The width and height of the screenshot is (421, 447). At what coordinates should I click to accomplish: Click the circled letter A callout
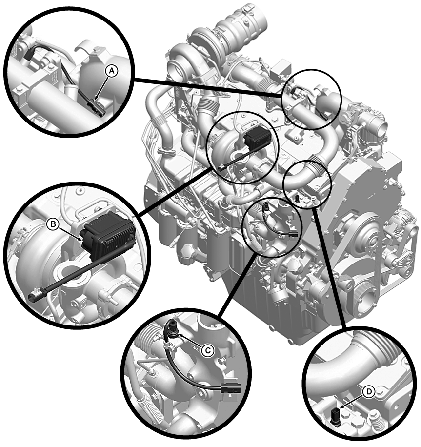(x=112, y=71)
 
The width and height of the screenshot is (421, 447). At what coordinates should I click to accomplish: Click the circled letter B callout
(x=53, y=224)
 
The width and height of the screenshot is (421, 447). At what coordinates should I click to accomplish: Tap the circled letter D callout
(x=369, y=392)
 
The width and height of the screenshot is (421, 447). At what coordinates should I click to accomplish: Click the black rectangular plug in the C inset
(x=231, y=388)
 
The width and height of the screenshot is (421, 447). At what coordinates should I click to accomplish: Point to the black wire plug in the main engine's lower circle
(x=293, y=234)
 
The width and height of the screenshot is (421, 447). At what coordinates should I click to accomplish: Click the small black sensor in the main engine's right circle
(x=298, y=199)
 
